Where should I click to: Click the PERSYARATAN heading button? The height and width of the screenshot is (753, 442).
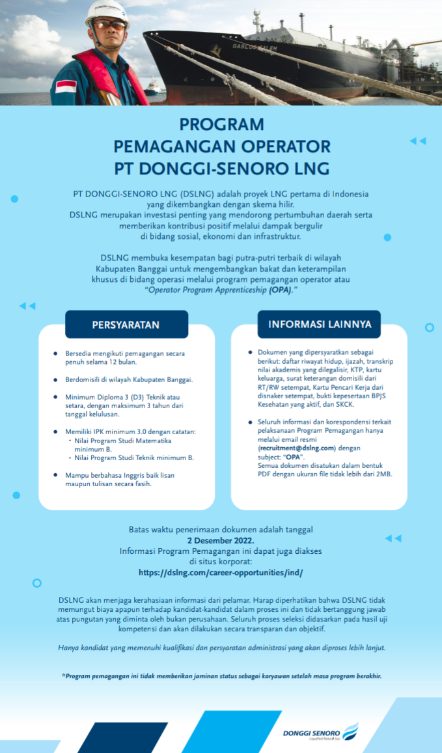pos(126,325)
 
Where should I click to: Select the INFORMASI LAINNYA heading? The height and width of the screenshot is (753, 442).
pos(320,324)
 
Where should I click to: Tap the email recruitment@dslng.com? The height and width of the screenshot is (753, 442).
pos(297,448)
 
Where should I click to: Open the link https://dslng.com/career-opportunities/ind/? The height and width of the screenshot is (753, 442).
pos(221,573)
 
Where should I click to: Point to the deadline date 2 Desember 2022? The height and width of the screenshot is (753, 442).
pos(221,540)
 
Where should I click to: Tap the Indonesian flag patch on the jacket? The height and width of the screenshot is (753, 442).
pos(66,86)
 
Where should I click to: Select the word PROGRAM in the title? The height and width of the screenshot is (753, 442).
pos(221,124)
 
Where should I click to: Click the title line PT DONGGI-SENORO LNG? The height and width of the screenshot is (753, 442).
pos(221,168)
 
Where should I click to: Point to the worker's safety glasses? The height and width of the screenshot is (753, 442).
pos(109,25)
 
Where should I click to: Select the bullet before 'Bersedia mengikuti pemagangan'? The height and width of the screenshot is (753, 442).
pos(55,353)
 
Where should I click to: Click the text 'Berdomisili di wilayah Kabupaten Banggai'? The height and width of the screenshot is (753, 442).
pos(129,379)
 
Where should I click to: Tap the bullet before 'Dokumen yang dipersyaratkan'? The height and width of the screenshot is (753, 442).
pos(250,352)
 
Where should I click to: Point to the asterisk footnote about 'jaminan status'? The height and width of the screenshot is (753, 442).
pos(221,676)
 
